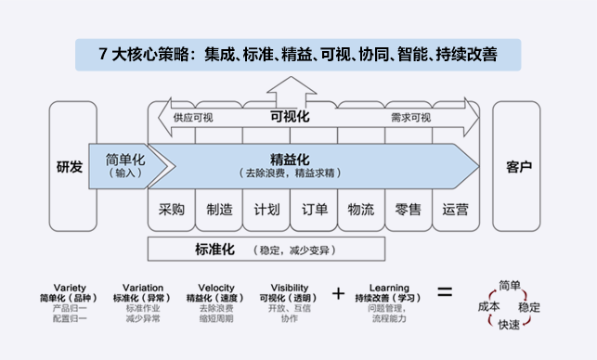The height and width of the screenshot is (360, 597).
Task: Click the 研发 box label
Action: [70, 167]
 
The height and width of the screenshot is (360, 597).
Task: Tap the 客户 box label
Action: [519, 167]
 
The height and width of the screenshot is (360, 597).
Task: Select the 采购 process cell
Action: [172, 210]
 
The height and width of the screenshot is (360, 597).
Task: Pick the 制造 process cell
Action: [219, 210]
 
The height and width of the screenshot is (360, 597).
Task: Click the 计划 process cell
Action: [266, 210]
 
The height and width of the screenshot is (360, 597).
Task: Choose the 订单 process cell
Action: [314, 210]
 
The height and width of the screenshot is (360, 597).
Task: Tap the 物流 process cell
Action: [361, 210]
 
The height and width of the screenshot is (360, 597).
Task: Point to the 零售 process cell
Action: [409, 210]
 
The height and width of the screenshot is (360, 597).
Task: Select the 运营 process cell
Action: [456, 210]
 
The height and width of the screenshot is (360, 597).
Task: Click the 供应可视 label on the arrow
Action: [193, 118]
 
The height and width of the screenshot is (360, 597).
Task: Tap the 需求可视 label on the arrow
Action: [410, 118]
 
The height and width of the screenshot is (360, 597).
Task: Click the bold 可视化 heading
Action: [290, 117]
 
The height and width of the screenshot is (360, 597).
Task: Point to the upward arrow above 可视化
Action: [292, 92]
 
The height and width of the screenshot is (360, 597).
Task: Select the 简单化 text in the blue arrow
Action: [125, 160]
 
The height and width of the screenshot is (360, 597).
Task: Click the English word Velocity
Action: [216, 288]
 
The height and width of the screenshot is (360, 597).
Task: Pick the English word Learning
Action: [389, 288]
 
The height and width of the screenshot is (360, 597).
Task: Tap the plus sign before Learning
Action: [338, 293]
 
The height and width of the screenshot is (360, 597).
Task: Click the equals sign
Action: [445, 292]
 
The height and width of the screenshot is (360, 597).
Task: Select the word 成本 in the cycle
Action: [489, 306]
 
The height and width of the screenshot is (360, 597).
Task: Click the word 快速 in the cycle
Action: [509, 325]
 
